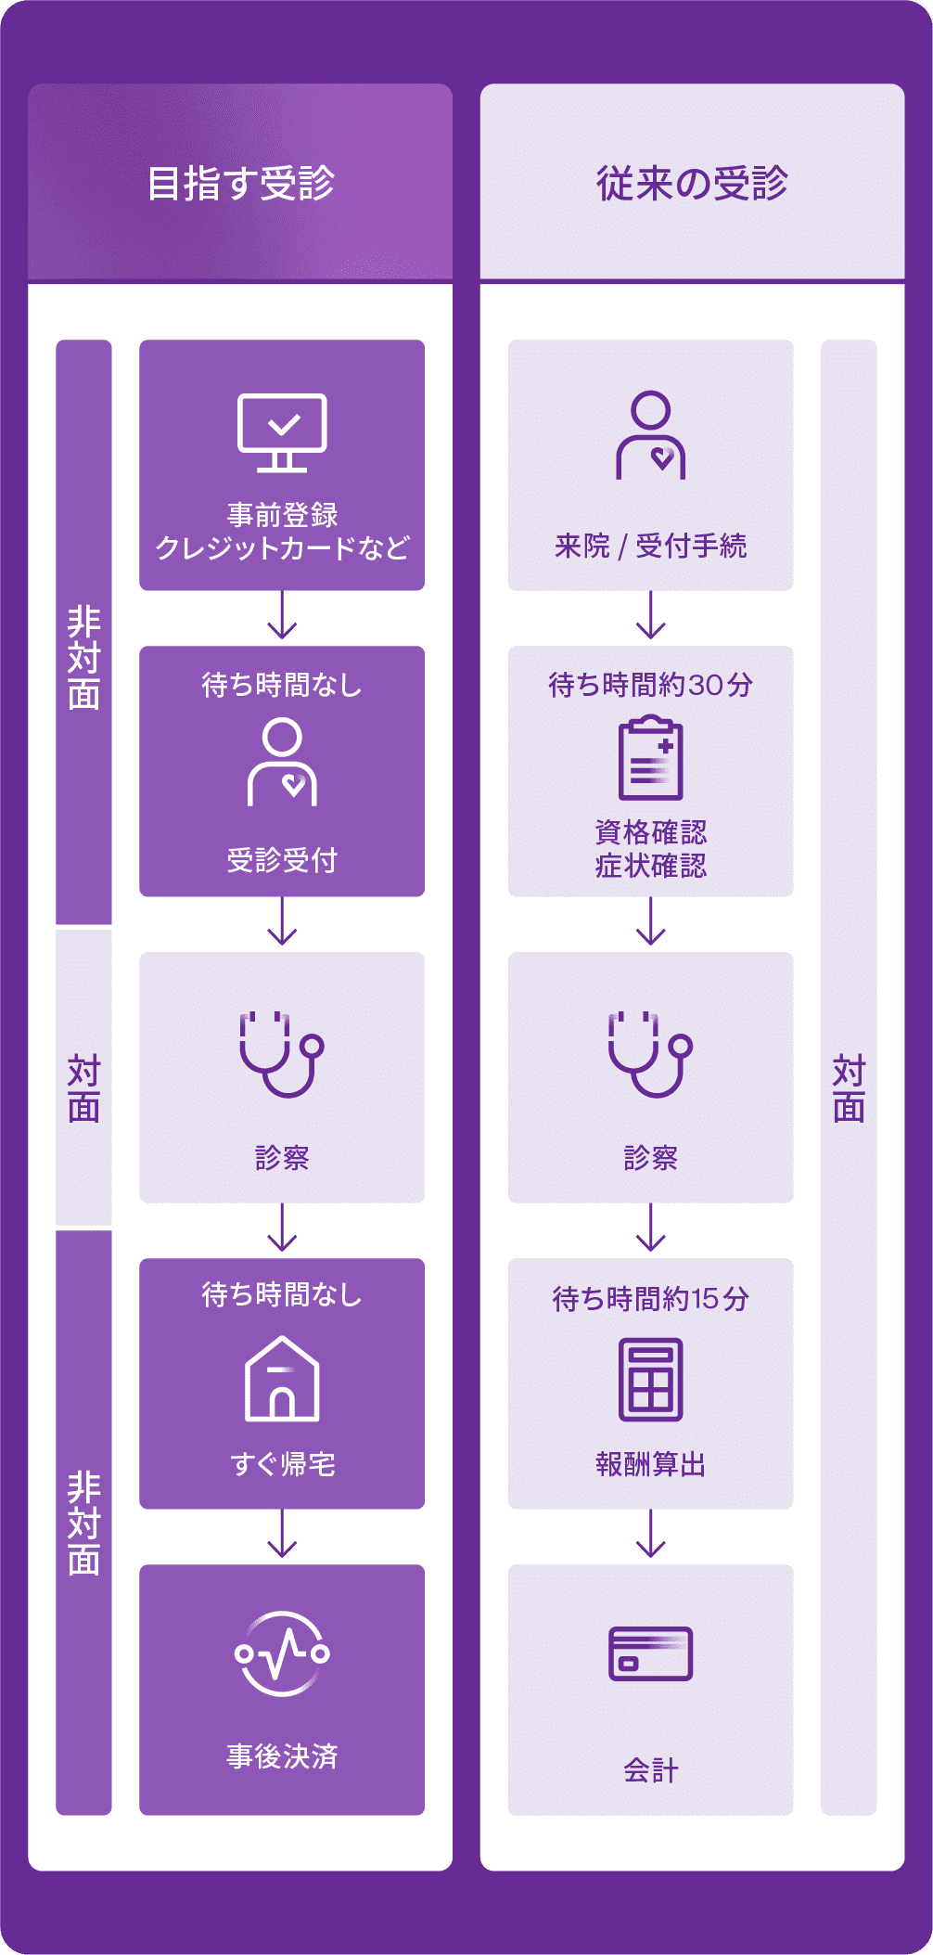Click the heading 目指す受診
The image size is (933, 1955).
pyautogui.click(x=241, y=184)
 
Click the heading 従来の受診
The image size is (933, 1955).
pyautogui.click(x=692, y=184)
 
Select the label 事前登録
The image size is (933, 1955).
pyautogui.click(x=282, y=514)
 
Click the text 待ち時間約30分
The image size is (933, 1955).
pyautogui.click(x=650, y=685)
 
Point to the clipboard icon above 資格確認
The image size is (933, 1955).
pyautogui.click(x=650, y=757)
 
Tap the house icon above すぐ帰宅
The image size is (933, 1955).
pyautogui.click(x=282, y=1379)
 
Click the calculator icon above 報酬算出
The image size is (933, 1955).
pyautogui.click(x=650, y=1380)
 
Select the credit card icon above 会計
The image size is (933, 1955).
pyautogui.click(x=650, y=1653)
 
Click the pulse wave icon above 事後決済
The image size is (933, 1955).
pyautogui.click(x=282, y=1653)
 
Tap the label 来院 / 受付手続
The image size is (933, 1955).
pyautogui.click(x=650, y=546)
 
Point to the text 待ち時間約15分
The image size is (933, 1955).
pyautogui.click(x=650, y=1298)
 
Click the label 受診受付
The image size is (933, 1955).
pyautogui.click(x=282, y=860)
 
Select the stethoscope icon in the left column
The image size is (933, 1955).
pyautogui.click(x=282, y=1054)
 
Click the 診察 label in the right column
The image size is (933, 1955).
pyautogui.click(x=650, y=1157)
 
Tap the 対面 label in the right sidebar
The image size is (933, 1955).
pyautogui.click(x=849, y=1088)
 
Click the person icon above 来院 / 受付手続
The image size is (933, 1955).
pyautogui.click(x=650, y=435)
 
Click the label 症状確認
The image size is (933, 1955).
pyautogui.click(x=650, y=866)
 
